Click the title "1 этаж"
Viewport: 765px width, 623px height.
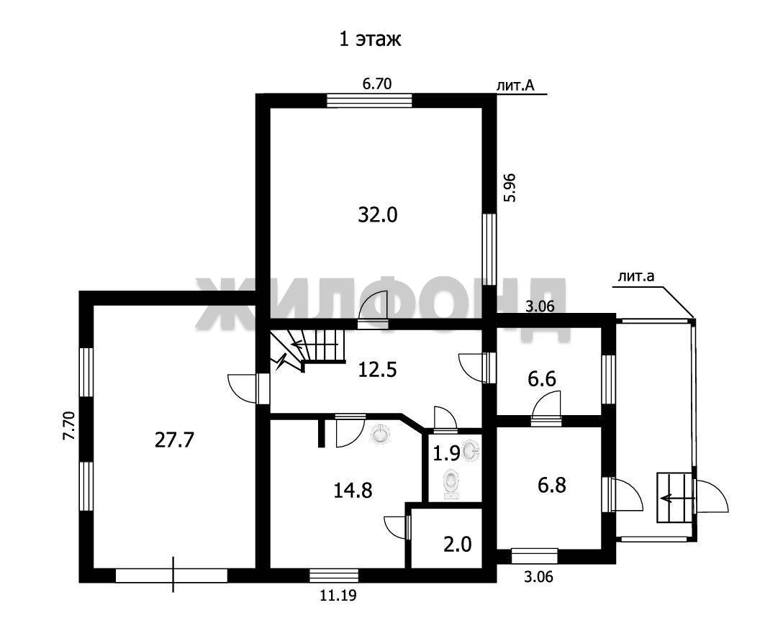coord(370,40)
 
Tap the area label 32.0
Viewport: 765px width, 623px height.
coord(378,214)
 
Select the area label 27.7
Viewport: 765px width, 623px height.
coord(174,440)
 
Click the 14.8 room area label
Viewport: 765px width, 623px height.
coord(353,490)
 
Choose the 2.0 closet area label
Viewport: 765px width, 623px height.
coord(457,544)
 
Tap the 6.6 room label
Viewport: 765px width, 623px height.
coord(542,378)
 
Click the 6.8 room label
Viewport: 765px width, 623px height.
coord(551,486)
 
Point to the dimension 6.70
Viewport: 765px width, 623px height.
coord(376,84)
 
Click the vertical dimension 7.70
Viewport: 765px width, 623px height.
coord(69,427)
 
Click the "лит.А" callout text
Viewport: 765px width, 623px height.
coord(515,86)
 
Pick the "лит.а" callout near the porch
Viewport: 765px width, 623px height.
coord(635,277)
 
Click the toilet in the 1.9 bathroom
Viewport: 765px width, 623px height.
coord(451,484)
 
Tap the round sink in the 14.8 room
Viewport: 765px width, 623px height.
coord(381,434)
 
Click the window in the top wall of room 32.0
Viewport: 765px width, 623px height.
coord(369,100)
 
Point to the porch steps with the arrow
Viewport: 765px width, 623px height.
coord(674,498)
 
